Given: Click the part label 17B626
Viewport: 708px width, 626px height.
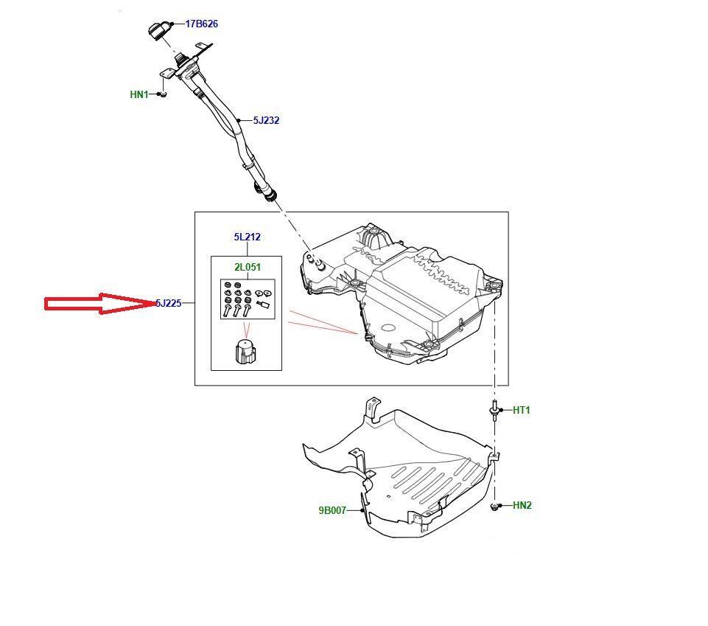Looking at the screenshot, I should [201, 24].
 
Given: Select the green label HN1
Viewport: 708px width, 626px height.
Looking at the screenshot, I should [139, 94].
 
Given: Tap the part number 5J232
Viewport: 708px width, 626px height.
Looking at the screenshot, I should [266, 120].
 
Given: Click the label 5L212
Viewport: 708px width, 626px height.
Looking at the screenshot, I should [247, 237].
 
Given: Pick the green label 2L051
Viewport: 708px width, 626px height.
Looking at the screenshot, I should [248, 267].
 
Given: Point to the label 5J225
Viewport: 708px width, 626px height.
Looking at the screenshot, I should [168, 303].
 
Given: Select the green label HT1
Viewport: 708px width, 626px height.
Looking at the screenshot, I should [521, 411].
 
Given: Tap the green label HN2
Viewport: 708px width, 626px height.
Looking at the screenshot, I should [522, 505].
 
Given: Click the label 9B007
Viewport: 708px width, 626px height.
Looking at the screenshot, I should [332, 510].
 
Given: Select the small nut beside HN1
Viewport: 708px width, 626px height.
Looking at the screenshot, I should [164, 94].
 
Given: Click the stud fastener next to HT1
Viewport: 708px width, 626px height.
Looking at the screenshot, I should [492, 410].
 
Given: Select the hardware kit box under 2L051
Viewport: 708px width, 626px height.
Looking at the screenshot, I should [248, 299].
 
